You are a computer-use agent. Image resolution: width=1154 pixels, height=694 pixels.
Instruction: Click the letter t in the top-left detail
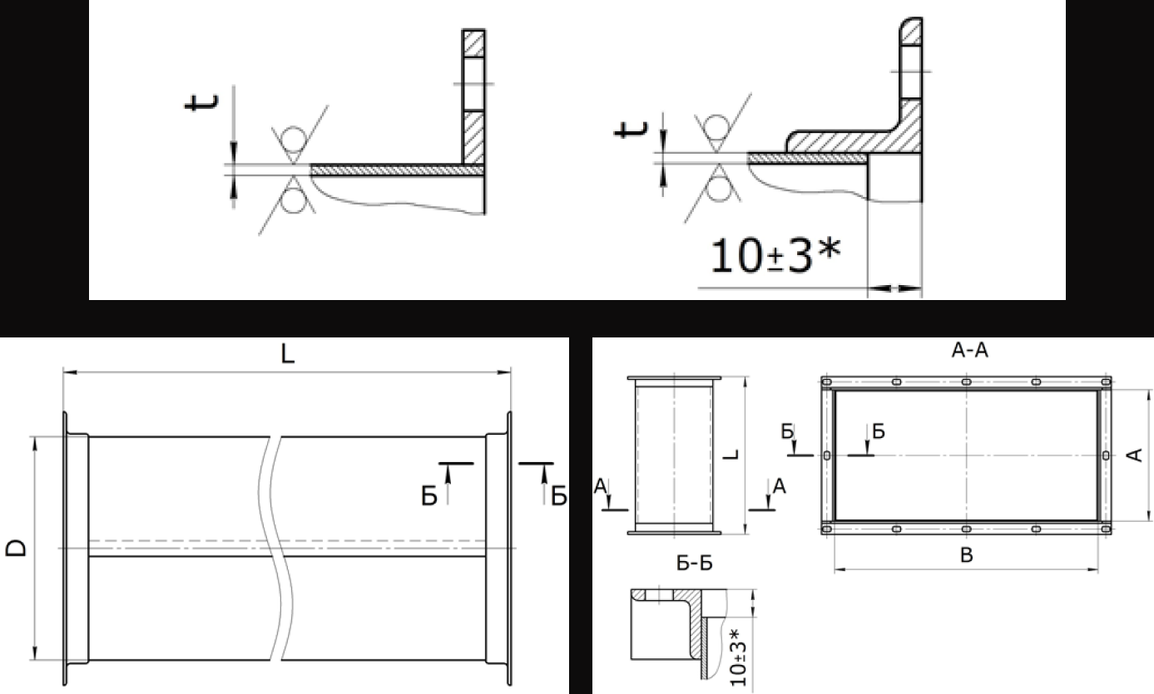tap(201, 102)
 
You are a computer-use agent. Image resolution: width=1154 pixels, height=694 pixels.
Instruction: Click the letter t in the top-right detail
tap(631, 129)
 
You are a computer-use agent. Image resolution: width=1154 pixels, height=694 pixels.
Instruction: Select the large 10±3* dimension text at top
tap(775, 254)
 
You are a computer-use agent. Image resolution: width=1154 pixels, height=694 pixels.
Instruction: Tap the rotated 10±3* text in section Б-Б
tap(738, 657)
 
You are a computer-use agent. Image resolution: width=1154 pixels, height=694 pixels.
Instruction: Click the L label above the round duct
tap(288, 354)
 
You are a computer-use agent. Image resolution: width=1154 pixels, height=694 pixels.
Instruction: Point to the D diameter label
tap(16, 548)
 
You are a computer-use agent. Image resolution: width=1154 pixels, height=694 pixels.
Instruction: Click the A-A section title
tap(969, 351)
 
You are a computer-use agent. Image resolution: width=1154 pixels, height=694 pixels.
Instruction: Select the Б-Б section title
tap(695, 564)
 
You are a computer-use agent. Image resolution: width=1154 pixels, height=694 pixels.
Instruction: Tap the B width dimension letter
tap(967, 555)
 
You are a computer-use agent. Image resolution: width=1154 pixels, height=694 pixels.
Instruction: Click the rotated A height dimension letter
tap(1135, 455)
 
